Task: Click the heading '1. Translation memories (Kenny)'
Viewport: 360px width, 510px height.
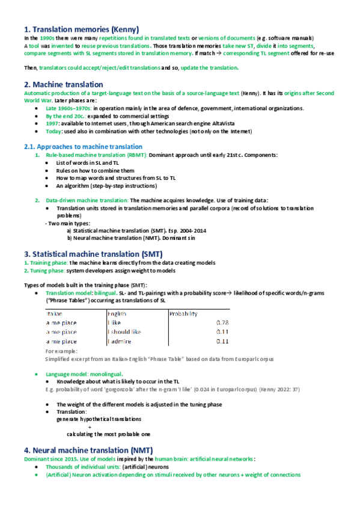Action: click(x=81, y=29)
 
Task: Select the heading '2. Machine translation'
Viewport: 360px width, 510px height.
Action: click(x=63, y=84)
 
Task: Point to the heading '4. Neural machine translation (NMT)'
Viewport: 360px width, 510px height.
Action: click(x=88, y=450)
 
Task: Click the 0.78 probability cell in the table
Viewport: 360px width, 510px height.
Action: click(x=222, y=322)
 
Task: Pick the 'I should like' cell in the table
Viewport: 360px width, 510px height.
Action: click(x=124, y=331)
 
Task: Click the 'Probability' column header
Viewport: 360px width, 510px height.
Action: click(x=183, y=313)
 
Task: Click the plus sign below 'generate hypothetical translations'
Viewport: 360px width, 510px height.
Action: click(x=90, y=426)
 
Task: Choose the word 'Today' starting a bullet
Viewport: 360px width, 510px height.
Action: click(x=53, y=131)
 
